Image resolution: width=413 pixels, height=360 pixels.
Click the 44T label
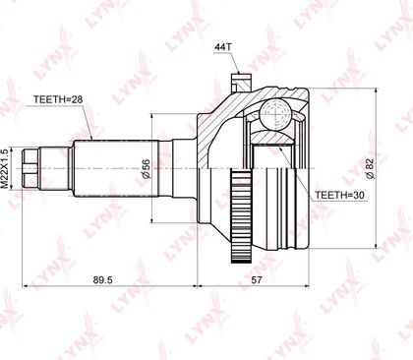[x=223, y=47]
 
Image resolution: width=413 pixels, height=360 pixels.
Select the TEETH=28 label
[x=58, y=99]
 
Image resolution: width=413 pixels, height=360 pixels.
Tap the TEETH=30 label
[x=339, y=196]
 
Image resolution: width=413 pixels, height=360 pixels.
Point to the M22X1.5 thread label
[x=5, y=168]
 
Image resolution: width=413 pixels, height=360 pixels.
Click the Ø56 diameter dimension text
[x=147, y=169]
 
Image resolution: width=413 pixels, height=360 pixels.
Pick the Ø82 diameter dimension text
[x=370, y=168]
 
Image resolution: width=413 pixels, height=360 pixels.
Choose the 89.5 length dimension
[x=103, y=279]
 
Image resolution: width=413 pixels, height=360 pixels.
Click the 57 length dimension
[x=257, y=279]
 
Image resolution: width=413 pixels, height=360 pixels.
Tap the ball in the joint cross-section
[x=275, y=114]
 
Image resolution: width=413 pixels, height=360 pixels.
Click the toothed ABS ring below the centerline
[x=241, y=215]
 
